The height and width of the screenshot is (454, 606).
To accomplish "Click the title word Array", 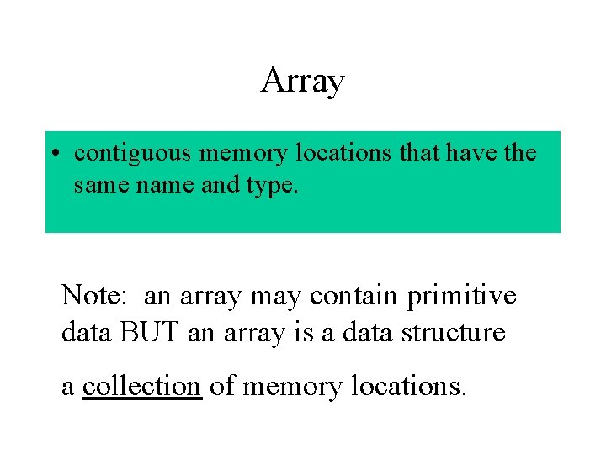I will tap(302, 82).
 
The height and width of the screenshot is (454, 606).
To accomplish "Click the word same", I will tap(96, 184).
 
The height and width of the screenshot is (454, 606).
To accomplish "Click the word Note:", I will tap(95, 296).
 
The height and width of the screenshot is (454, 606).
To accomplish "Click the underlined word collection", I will tap(142, 386).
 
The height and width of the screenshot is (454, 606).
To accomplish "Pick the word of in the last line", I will tap(223, 386).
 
